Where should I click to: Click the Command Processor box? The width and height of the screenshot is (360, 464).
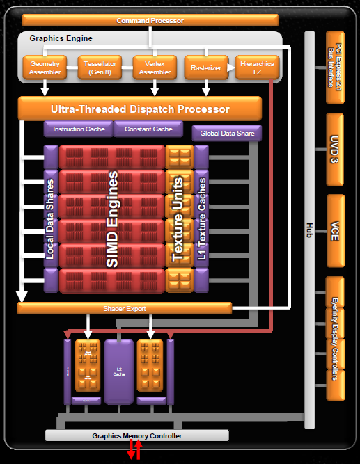150,21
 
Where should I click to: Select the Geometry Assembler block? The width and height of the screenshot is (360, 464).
45,67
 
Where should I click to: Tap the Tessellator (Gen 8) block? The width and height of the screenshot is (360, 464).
99,67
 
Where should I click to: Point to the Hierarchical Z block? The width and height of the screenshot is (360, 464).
257,67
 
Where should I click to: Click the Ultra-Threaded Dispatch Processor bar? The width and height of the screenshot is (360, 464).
139,109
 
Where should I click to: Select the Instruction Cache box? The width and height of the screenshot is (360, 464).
79,129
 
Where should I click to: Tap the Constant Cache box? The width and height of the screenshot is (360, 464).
148,129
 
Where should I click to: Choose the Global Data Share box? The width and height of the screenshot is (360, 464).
226,133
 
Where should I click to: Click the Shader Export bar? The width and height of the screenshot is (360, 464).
124,308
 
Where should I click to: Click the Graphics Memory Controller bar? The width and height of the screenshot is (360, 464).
136,435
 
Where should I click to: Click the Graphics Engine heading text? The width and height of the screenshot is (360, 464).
61,38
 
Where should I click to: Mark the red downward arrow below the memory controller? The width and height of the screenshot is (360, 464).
130,452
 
